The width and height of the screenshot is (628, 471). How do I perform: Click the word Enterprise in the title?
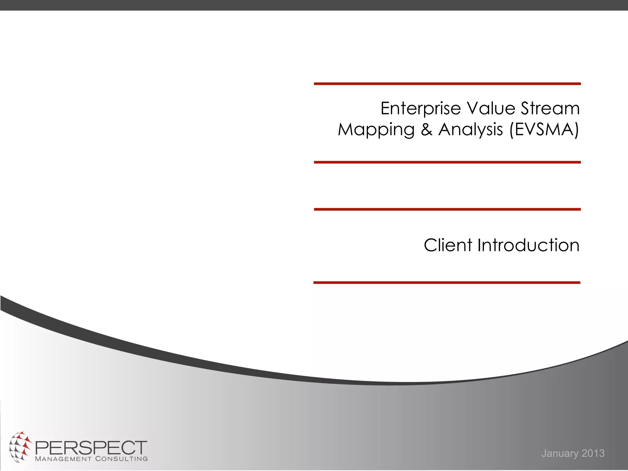coord(420,109)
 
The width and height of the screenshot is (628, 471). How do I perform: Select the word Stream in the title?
coord(550,108)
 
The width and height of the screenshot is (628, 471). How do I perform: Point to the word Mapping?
coord(376,130)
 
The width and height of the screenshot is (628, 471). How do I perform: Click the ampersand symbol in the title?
coord(427,129)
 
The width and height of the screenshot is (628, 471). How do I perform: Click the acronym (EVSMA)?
coord(544,129)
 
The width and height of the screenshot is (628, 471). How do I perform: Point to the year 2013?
coord(593,453)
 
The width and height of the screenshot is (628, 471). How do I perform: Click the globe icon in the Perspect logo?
coord(20,446)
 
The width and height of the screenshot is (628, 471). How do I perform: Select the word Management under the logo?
coord(63,459)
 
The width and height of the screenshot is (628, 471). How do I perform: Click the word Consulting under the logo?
coord(121,459)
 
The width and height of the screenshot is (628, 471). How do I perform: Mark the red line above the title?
coord(447,83)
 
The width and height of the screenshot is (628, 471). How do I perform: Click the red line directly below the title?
coord(447,162)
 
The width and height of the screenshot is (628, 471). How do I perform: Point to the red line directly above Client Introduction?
coord(447,209)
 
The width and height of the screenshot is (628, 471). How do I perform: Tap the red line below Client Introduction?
coord(447,282)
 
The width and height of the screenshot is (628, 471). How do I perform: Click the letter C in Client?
coord(431,245)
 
